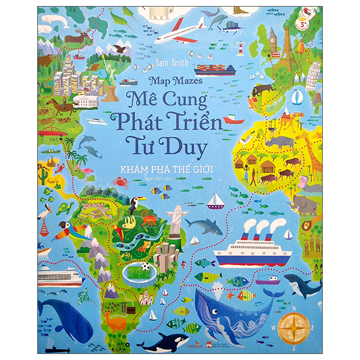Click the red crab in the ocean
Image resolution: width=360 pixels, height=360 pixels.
(119, 182)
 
